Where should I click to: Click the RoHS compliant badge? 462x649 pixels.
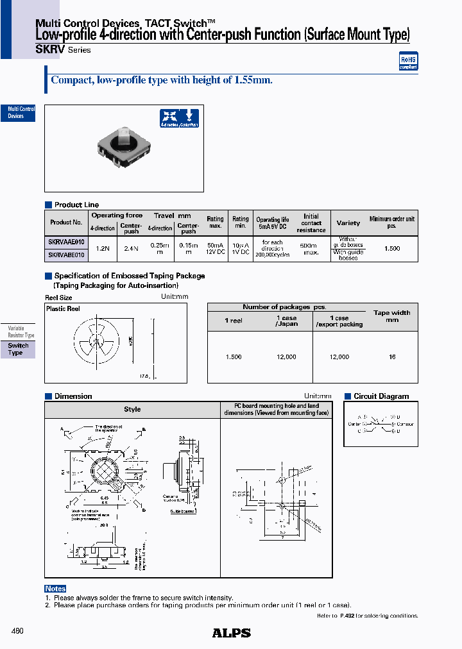point(408,61)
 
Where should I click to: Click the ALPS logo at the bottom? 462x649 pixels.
point(231,633)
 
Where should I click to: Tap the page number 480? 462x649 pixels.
point(17,631)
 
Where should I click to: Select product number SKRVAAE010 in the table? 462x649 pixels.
point(66,242)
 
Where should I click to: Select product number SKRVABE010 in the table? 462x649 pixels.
point(66,255)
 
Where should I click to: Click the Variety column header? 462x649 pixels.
point(348,223)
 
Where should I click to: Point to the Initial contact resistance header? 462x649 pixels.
point(311,223)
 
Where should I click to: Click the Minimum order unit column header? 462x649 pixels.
point(391,223)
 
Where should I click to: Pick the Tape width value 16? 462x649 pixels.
point(392,357)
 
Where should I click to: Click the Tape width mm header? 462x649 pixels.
point(391,316)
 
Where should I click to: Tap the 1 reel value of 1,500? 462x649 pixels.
point(234,357)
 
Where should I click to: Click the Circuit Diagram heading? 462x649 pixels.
point(381,396)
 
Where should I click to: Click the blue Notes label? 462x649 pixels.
point(55,589)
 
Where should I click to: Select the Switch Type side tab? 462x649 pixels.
point(17,350)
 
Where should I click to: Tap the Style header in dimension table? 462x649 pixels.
point(132,409)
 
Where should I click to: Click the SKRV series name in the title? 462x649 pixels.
point(50,49)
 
